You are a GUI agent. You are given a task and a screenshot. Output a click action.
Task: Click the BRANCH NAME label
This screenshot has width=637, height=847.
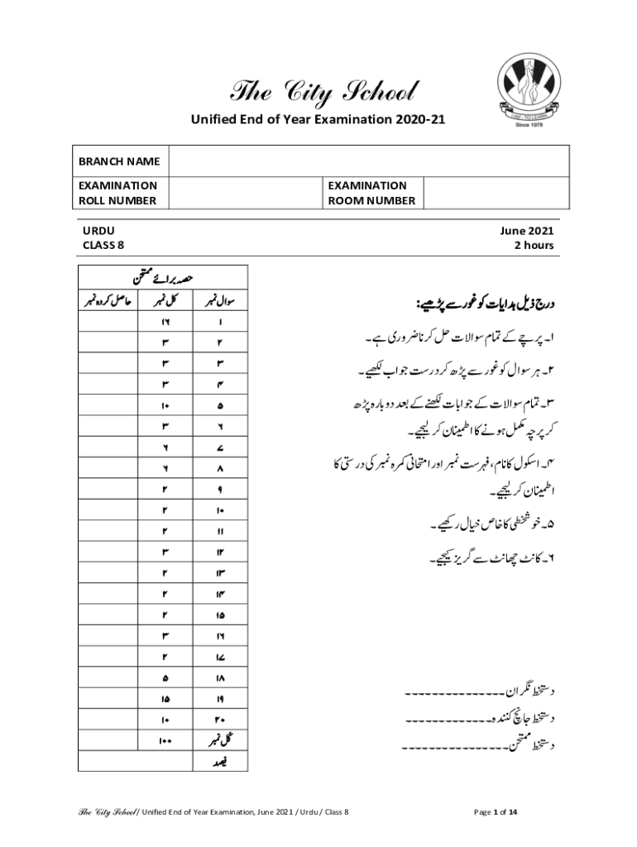tap(119, 161)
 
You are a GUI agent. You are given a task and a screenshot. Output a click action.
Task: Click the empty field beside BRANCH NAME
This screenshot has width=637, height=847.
tap(368, 161)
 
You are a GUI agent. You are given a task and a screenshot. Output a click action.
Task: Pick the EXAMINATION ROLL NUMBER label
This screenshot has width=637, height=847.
tap(118, 193)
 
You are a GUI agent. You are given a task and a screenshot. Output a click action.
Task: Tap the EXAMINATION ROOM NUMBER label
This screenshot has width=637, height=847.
tap(371, 193)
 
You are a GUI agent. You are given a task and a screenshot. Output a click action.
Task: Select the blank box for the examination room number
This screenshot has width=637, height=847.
tap(496, 193)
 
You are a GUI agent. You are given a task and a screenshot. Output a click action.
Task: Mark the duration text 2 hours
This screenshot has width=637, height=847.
tap(534, 246)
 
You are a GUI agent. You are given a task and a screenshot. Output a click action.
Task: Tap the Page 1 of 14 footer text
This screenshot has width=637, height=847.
tap(496, 812)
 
